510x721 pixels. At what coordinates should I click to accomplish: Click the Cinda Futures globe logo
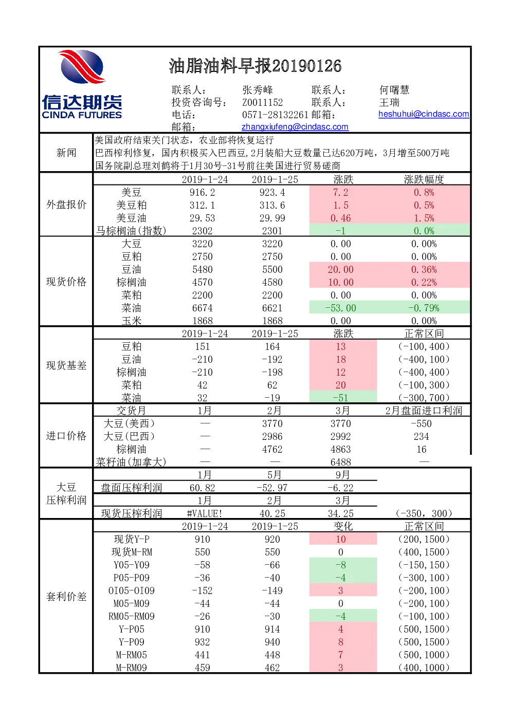click(x=82, y=66)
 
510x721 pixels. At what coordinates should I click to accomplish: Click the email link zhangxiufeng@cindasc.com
click(x=295, y=127)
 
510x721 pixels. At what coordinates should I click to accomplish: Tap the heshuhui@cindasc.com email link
click(x=424, y=114)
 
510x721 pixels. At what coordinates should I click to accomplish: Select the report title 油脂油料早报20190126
click(x=255, y=66)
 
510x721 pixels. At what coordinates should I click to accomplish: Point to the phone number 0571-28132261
click(x=275, y=115)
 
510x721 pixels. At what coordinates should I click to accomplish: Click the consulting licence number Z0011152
click(x=262, y=102)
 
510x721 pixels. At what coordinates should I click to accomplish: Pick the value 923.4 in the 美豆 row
click(x=272, y=193)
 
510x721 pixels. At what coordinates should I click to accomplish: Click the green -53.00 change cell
click(x=341, y=308)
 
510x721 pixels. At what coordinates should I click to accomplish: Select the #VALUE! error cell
click(x=205, y=513)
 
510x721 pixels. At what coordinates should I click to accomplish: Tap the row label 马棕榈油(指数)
click(x=132, y=231)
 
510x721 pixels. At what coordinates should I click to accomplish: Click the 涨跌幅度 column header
click(x=424, y=179)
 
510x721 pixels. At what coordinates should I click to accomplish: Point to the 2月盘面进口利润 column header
click(x=424, y=411)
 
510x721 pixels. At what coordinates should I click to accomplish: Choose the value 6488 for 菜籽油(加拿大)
click(x=341, y=462)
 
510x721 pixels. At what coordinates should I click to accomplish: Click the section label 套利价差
click(x=66, y=597)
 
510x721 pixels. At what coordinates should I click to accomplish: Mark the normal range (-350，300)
click(x=424, y=513)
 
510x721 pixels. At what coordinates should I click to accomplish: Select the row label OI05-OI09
click(x=132, y=590)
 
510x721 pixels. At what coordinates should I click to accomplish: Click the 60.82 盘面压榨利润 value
click(x=202, y=488)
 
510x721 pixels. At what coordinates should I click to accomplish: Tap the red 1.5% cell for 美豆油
click(x=424, y=218)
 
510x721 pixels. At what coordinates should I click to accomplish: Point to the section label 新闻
click(x=66, y=153)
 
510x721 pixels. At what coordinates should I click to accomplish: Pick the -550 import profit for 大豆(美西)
click(x=421, y=423)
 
